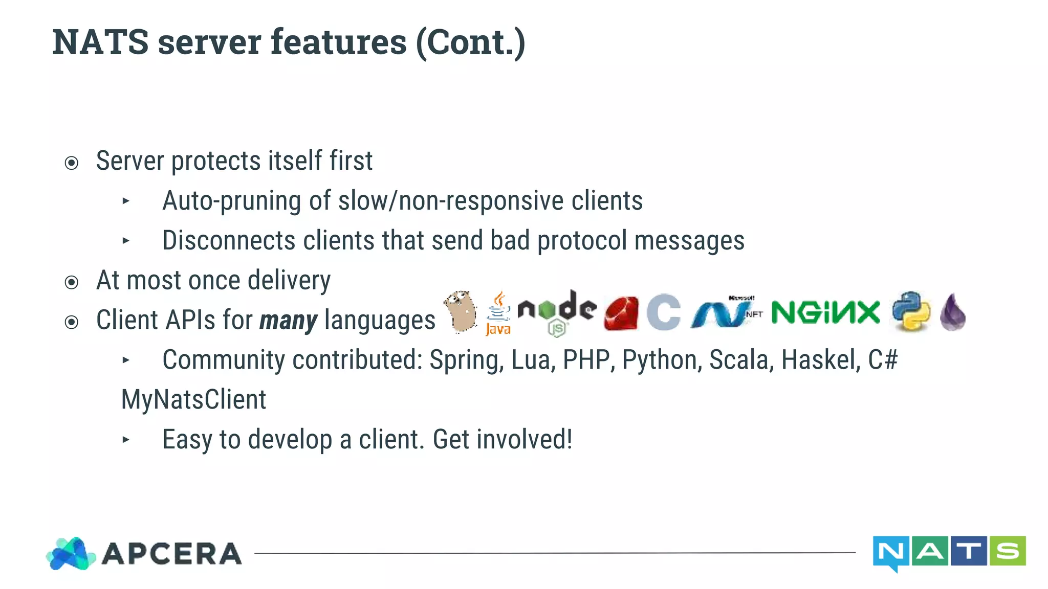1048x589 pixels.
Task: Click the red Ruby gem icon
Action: [621, 313]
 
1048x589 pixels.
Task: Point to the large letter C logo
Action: [664, 312]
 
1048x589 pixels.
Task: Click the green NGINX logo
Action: [825, 312]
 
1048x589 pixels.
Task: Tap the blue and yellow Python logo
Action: [911, 311]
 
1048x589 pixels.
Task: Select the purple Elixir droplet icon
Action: [953, 312]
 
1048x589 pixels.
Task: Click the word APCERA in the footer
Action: [172, 554]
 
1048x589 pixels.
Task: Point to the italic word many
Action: [289, 321]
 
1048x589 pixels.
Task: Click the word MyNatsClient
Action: [193, 399]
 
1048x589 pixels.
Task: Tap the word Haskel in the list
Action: [821, 360]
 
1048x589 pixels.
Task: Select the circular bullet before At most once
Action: [72, 282]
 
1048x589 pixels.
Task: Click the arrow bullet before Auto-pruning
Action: [126, 201]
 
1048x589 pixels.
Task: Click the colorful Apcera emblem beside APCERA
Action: [71, 554]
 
